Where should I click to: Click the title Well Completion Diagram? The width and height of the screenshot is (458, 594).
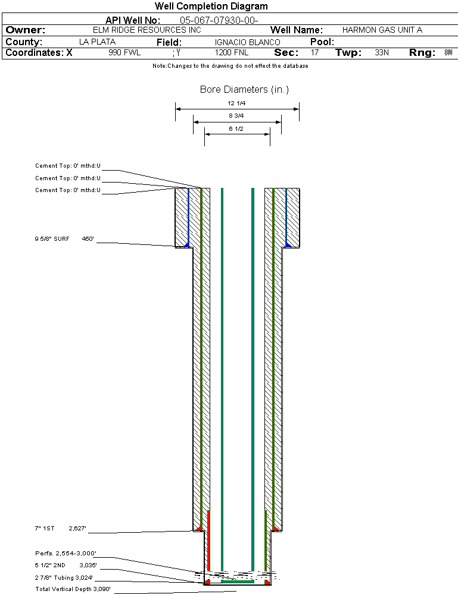(211, 7)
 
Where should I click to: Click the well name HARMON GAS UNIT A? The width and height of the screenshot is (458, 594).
(382, 30)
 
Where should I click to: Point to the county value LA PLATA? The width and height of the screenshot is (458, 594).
(97, 42)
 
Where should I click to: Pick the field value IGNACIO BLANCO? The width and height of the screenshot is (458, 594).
(247, 42)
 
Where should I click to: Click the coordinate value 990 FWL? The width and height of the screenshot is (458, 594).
(124, 53)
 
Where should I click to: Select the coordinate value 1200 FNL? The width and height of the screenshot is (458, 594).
(231, 53)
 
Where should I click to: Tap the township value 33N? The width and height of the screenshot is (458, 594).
(382, 53)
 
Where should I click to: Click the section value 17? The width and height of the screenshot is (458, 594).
(314, 53)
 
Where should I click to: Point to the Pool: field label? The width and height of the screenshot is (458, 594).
(322, 42)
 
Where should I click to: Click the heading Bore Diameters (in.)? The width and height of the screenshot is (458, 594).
(244, 90)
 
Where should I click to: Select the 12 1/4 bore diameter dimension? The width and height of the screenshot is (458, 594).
(237, 103)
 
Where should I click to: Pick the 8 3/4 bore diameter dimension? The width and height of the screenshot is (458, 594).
(237, 115)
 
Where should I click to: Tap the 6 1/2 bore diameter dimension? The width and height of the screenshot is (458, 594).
(237, 128)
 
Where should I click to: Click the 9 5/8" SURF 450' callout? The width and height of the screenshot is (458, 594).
(64, 239)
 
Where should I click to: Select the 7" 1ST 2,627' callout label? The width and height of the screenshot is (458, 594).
(61, 528)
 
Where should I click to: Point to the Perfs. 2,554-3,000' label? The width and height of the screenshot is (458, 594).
(66, 553)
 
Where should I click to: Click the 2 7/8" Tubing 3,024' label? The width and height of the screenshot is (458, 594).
(64, 577)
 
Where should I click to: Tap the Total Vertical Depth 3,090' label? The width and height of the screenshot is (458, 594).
(73, 589)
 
